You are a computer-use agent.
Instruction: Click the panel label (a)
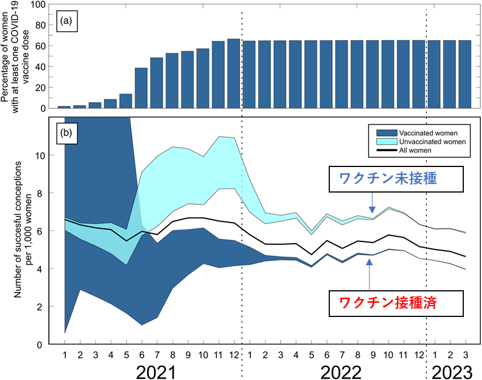tap(67, 22)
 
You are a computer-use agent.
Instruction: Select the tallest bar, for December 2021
tap(233, 73)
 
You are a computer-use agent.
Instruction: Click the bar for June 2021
tap(141, 88)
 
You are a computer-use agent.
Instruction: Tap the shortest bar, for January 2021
tap(64, 107)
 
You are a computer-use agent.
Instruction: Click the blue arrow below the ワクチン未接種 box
tap(371, 202)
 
